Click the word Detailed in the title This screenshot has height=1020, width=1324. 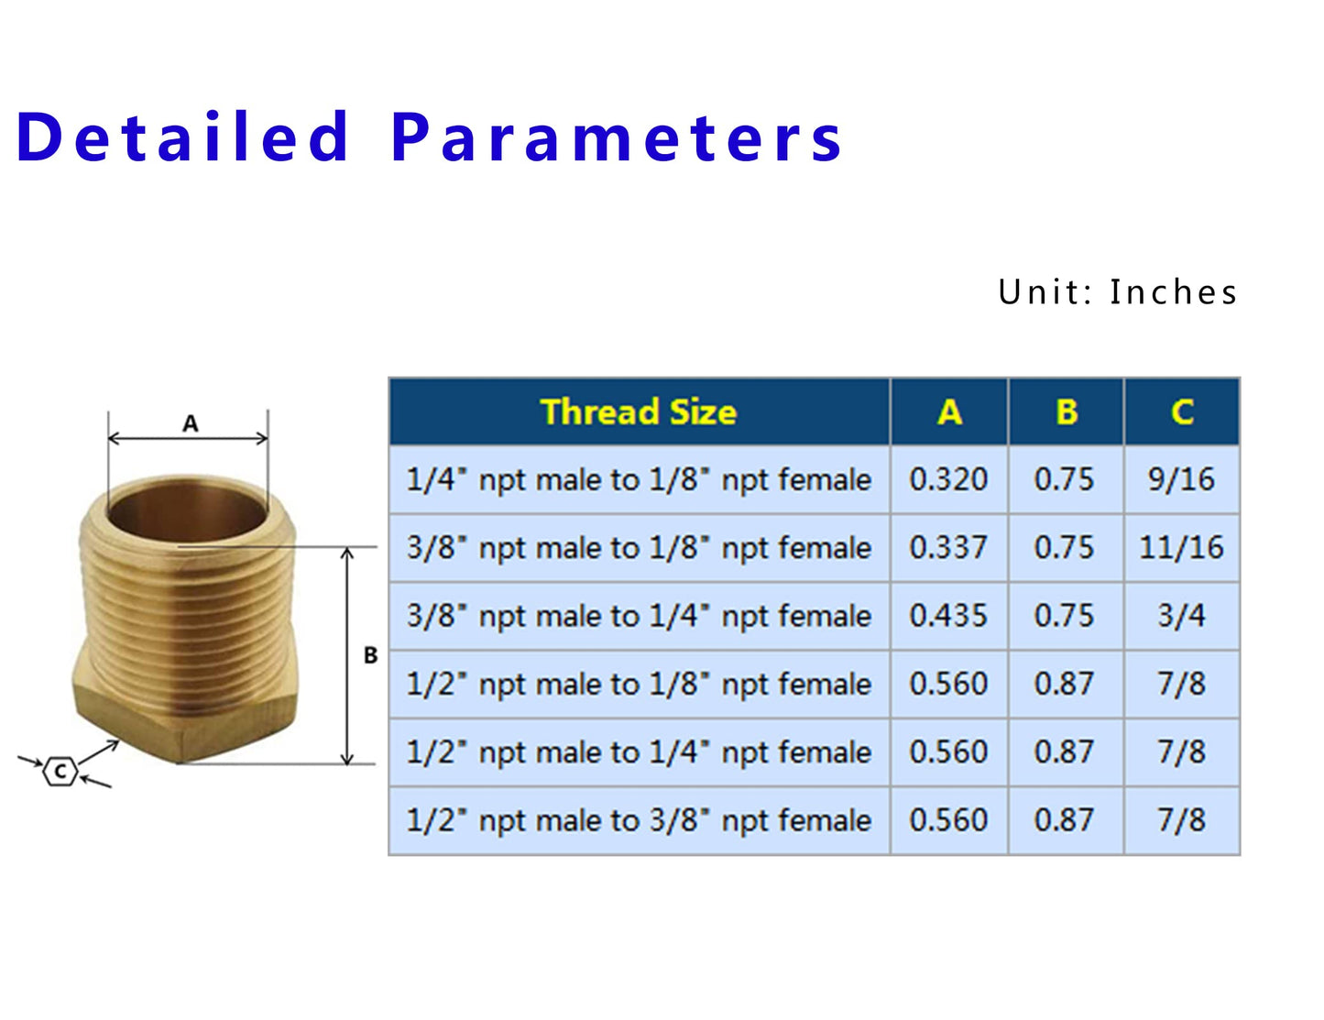click(183, 137)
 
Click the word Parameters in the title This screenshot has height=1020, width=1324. click(616, 137)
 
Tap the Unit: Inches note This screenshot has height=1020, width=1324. click(1118, 292)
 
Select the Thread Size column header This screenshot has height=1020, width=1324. click(639, 412)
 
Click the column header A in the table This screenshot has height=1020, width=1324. click(949, 412)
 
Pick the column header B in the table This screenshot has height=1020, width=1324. click(1066, 412)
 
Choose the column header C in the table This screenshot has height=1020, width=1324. click(1182, 412)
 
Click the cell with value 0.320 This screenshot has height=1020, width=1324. click(948, 479)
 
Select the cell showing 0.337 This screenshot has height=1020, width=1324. click(948, 548)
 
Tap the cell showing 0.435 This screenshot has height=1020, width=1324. click(948, 616)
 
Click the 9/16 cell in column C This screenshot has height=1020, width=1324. click(1181, 479)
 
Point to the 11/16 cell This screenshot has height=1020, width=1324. click(1181, 548)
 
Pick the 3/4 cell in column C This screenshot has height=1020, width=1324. click(1181, 616)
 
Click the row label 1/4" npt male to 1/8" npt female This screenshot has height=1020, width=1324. click(639, 479)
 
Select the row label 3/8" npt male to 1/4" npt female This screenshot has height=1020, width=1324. click(639, 616)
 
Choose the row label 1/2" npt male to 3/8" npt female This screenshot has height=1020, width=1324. click(639, 820)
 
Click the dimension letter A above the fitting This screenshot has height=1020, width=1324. click(190, 423)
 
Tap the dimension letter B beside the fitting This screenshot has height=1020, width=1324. click(370, 655)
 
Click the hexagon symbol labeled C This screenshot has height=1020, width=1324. click(60, 771)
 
